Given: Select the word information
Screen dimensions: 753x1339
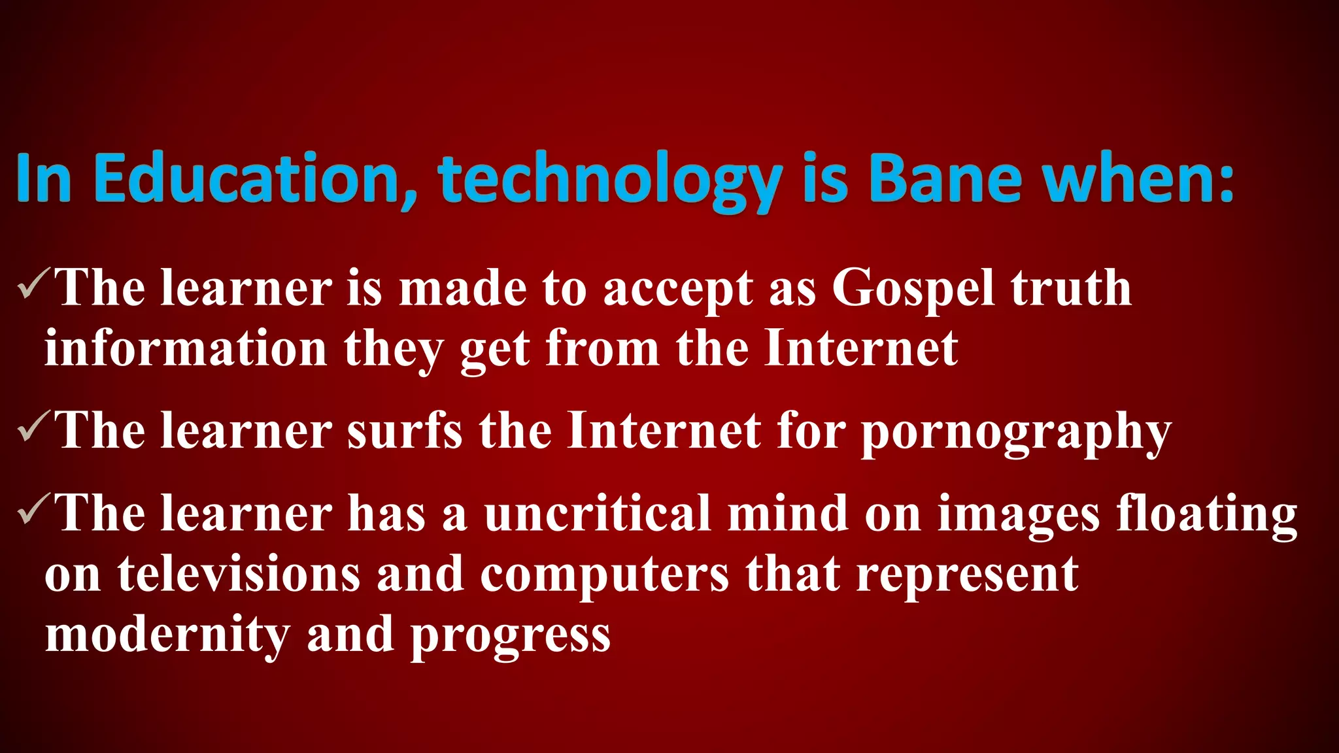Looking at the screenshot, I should pyautogui.click(x=186, y=348).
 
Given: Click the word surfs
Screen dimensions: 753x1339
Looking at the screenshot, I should pyautogui.click(x=404, y=431).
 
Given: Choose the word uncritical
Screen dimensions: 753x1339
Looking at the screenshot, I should pyautogui.click(x=597, y=513).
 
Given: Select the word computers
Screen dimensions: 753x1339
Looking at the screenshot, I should pyautogui.click(x=604, y=576).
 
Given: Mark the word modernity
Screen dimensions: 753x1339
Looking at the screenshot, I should pyautogui.click(x=167, y=635).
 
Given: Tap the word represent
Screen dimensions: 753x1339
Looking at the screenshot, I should pyautogui.click(x=967, y=576).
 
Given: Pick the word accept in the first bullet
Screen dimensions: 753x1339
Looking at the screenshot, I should pyautogui.click(x=677, y=290).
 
